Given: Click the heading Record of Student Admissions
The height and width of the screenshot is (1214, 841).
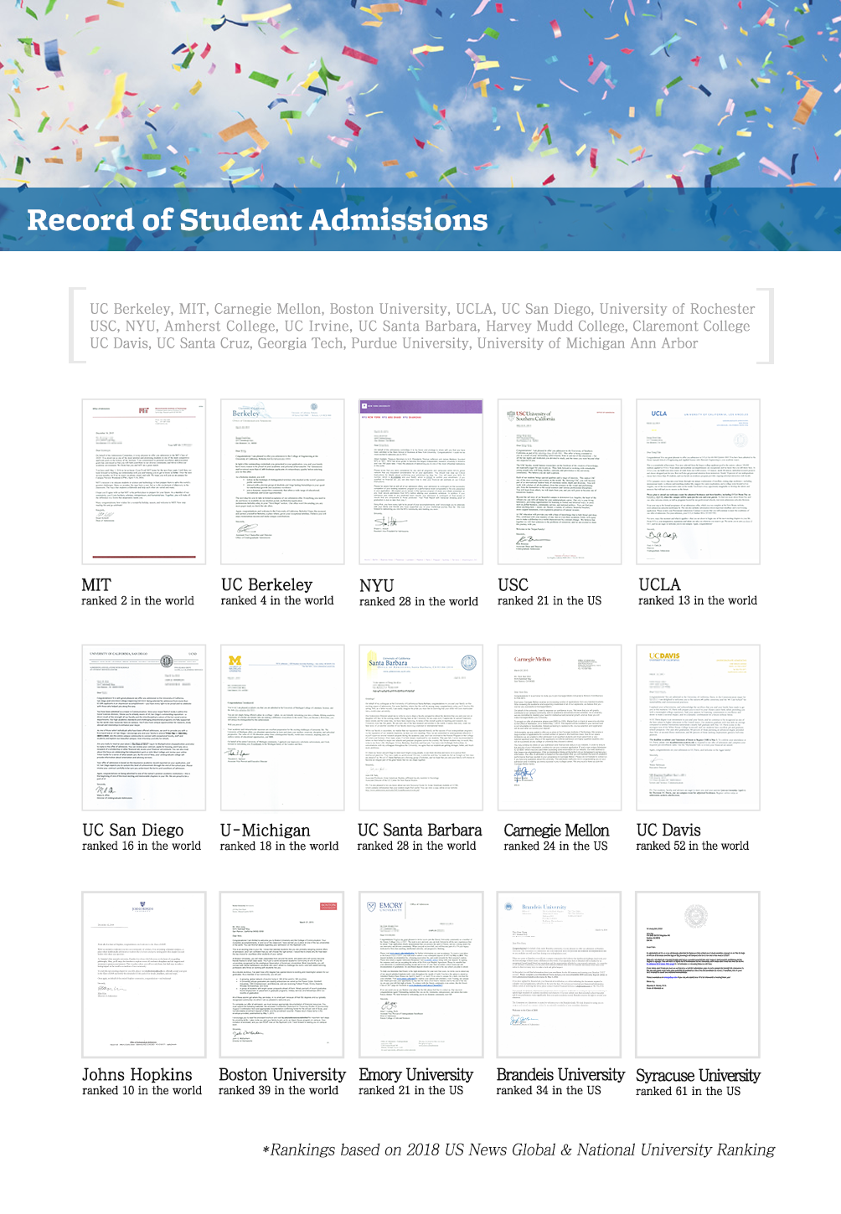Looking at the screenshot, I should coord(257,220).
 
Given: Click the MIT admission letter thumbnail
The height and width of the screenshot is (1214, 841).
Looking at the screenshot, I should coord(143,481).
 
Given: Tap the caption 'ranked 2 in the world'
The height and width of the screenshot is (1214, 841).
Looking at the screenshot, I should coord(137,601).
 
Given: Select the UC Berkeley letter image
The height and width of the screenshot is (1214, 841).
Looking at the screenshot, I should coord(282,481).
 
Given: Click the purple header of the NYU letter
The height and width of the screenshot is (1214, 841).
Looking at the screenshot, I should coord(420,406).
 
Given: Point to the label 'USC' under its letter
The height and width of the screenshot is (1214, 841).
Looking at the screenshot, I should coord(513,584).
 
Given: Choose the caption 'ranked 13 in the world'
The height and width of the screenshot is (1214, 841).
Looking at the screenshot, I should coord(697,601).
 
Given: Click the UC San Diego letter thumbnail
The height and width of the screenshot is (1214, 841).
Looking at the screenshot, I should coord(143,727).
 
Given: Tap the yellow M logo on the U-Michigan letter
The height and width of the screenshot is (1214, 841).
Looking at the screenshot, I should coord(235,661).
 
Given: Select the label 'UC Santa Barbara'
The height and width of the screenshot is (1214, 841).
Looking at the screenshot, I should coord(420,831).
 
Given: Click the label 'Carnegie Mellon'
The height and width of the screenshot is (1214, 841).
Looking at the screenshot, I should coord(556,831).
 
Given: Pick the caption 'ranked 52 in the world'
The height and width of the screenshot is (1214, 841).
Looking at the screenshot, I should coord(692,846).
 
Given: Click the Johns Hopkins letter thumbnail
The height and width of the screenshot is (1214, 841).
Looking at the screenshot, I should coord(143,973).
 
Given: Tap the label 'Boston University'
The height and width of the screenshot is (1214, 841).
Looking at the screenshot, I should coord(282,1075).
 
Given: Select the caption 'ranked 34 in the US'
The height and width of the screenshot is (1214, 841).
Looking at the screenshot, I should coord(548,1091).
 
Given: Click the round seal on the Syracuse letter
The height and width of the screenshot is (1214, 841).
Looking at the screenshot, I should coord(696,915).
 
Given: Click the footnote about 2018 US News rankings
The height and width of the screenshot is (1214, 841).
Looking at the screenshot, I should coord(519,1150).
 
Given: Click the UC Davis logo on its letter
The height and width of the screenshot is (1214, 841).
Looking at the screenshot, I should coord(664,657).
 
